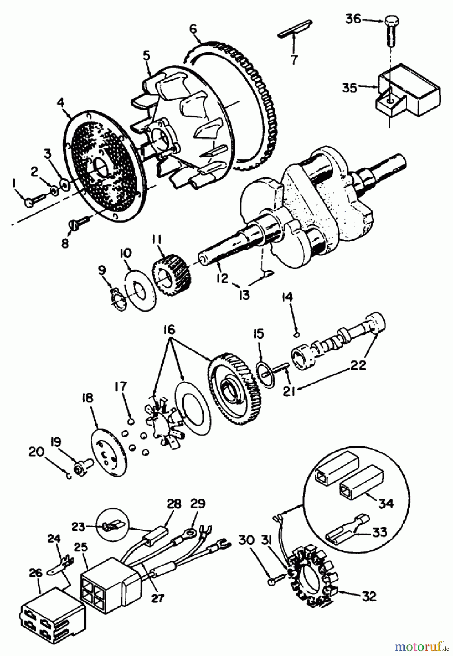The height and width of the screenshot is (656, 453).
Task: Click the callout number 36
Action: [x=353, y=19]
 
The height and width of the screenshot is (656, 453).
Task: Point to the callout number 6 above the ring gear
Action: [x=193, y=28]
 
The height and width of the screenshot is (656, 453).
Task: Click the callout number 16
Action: [x=169, y=330]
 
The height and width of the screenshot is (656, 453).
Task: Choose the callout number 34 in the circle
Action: [x=386, y=503]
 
